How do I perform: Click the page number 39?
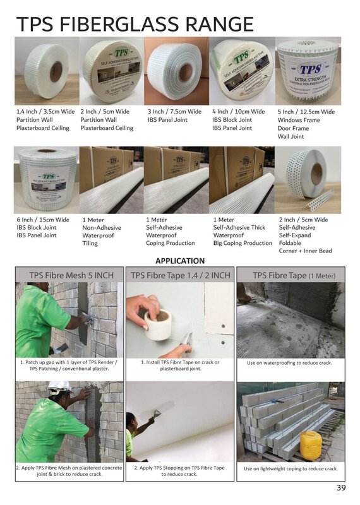tap(341, 487)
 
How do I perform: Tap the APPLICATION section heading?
tap(180, 261)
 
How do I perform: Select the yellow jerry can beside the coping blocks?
tap(310, 445)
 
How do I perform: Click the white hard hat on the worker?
tap(60, 386)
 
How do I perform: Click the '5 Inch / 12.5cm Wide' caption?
tap(306, 112)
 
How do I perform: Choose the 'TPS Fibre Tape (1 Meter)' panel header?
tap(294, 275)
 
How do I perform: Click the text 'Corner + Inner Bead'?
tap(305, 251)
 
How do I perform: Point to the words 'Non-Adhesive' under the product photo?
tap(101, 228)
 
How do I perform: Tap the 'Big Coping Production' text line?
tap(243, 243)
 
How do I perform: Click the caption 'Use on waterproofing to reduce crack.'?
tap(289, 363)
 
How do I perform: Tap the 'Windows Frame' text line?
tap(299, 120)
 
